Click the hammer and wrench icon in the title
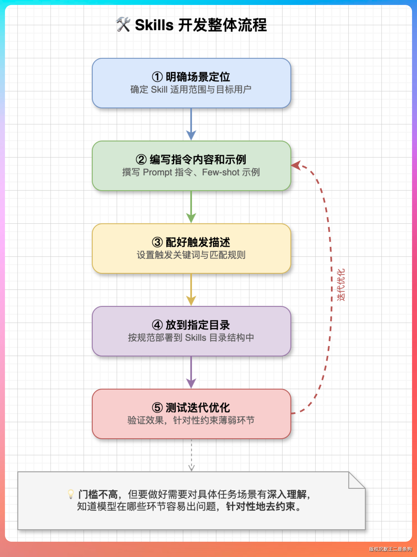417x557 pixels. coord(123,24)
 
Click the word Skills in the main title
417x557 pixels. coord(154,25)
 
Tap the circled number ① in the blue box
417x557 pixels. coord(157,77)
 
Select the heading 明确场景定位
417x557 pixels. coord(198,77)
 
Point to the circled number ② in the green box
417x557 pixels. coord(141,159)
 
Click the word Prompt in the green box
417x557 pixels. coord(157,172)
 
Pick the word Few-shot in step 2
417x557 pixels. coord(220,172)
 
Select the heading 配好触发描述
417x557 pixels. coord(198,242)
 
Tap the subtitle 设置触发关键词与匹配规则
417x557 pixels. coord(191,255)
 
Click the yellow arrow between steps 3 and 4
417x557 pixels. coord(191,290)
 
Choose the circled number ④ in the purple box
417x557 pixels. coord(157,325)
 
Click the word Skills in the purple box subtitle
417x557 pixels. coord(195,338)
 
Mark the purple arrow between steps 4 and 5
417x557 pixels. coord(191,372)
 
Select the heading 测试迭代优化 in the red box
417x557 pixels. coord(198,408)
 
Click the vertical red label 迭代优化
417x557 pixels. coord(341,284)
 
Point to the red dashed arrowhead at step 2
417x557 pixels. coord(296,165)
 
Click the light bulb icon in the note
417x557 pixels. coord(71,494)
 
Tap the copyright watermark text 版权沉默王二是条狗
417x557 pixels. coord(390,549)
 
